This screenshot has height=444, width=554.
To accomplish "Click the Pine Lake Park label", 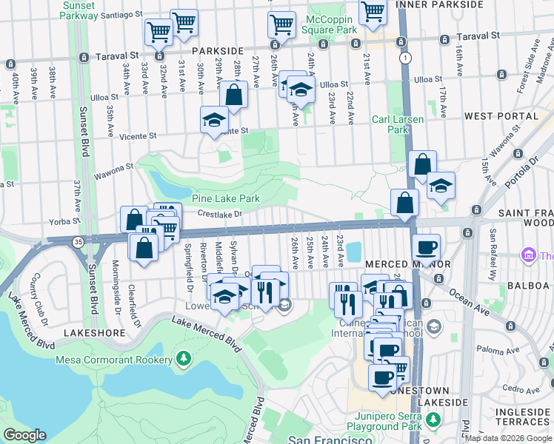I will pyautogui.click(x=226, y=199).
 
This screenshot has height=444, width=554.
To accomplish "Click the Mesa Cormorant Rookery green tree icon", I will pyautogui.click(x=183, y=360).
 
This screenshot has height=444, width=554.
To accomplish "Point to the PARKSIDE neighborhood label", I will pyautogui.click(x=218, y=50).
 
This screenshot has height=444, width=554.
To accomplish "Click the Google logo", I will pyautogui.click(x=24, y=435).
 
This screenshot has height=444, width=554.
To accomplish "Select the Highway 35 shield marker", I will pyautogui.click(x=77, y=240).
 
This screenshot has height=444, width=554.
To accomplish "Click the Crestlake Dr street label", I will pyautogui.click(x=220, y=215).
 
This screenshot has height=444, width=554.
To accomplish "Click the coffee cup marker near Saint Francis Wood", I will pyautogui.click(x=426, y=246).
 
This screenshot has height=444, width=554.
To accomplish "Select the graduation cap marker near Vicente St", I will pyautogui.click(x=214, y=119).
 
